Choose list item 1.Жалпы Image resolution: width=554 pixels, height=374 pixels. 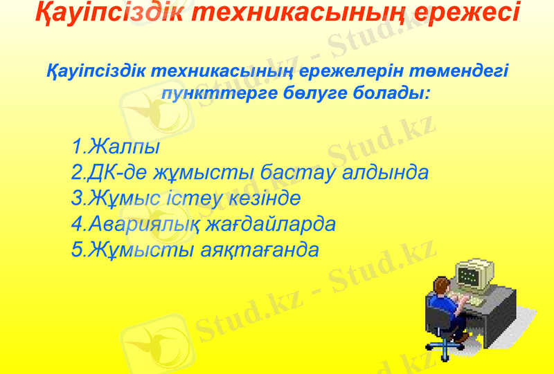coord(116,147)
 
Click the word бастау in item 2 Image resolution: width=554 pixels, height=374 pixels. coord(300,173)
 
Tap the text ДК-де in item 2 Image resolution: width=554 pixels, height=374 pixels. coord(114,173)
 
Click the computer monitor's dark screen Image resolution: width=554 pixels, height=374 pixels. coord(470,275)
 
